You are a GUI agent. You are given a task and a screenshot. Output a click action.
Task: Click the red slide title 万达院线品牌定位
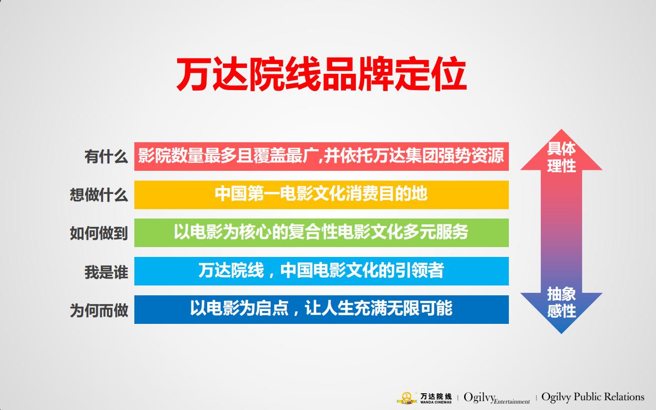[x=321, y=75]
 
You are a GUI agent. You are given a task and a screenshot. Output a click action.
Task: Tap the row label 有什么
[x=106, y=157]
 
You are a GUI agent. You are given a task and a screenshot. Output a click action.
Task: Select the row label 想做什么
[x=99, y=195]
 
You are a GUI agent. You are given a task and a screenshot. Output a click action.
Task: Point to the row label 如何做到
[x=99, y=233]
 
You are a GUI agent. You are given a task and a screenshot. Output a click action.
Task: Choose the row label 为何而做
[x=99, y=310]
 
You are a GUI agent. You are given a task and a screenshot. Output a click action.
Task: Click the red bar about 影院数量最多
[x=321, y=157]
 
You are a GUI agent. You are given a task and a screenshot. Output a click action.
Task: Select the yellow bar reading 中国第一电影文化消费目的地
[x=321, y=194]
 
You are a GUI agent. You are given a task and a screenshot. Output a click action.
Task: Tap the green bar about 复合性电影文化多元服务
[x=321, y=232]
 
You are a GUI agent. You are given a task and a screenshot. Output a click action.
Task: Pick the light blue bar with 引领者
[x=321, y=271]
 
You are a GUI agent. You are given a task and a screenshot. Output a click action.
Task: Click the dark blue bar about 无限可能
[x=321, y=309]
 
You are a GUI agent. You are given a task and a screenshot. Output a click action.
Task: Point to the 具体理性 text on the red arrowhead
[x=562, y=157]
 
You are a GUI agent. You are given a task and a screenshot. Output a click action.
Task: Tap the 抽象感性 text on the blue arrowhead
[x=562, y=302]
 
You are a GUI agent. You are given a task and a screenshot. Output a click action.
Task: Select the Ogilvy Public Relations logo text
[x=593, y=397]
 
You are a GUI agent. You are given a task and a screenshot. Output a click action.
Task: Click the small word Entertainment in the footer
[x=512, y=402]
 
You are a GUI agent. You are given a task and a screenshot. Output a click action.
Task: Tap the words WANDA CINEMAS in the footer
[x=436, y=402]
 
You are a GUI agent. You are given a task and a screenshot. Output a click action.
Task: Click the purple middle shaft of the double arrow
[x=562, y=231]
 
